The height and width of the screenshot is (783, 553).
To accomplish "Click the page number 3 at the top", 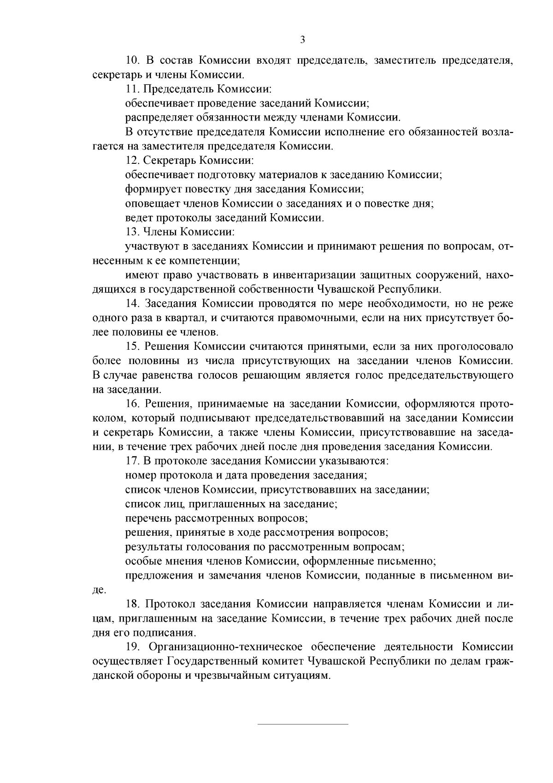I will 302,40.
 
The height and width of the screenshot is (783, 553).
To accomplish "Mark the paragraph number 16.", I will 132,403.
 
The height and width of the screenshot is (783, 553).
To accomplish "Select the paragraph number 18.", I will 132,604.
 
